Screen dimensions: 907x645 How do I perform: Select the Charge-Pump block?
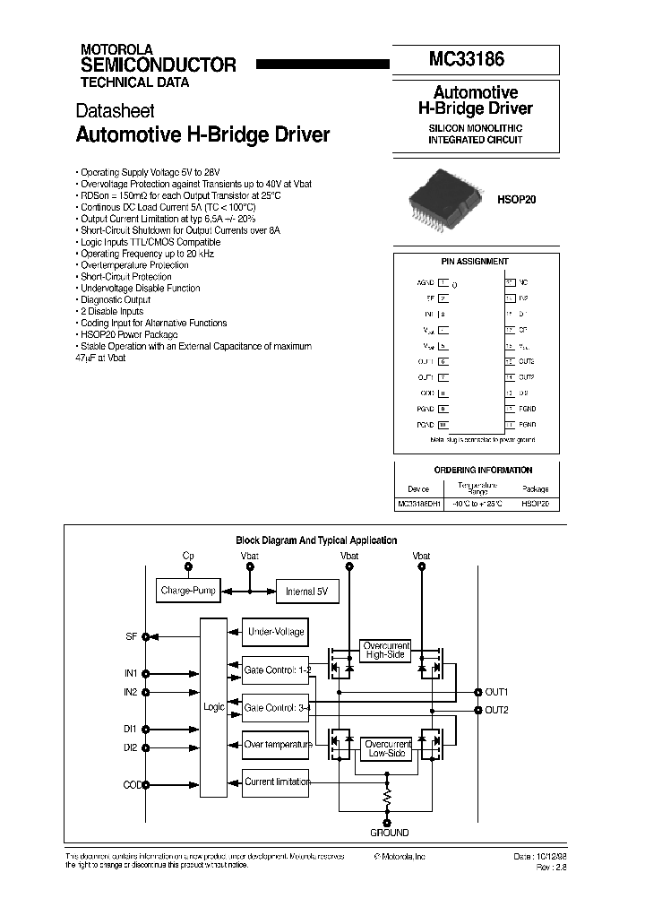click(188, 592)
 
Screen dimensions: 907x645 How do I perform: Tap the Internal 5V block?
click(306, 592)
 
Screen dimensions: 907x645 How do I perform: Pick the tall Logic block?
click(214, 707)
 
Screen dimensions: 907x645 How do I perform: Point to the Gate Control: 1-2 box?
click(277, 669)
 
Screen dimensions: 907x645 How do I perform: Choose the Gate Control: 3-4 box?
click(277, 707)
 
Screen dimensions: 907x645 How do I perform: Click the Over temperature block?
click(277, 744)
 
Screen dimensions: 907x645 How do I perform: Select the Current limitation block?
click(277, 782)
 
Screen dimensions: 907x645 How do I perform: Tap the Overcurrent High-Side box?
click(386, 650)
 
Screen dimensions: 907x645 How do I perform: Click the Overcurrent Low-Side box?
click(386, 748)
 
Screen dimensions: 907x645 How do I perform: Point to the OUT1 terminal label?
click(496, 692)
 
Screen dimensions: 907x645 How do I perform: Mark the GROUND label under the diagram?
click(389, 833)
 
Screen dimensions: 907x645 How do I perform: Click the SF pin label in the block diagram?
click(132, 636)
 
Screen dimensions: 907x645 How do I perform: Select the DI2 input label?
click(131, 747)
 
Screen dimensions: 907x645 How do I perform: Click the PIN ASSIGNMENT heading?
click(475, 262)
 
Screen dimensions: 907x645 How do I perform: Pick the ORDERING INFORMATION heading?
click(482, 470)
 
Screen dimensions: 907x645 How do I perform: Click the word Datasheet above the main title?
click(115, 111)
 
